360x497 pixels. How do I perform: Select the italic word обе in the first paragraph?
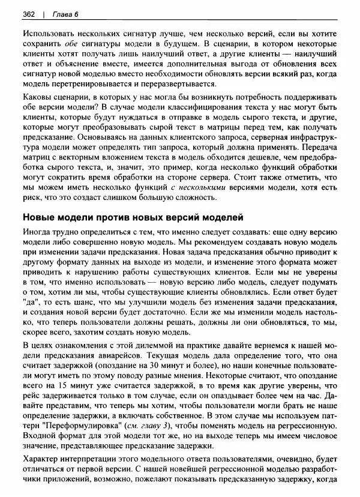coord(72,45)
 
